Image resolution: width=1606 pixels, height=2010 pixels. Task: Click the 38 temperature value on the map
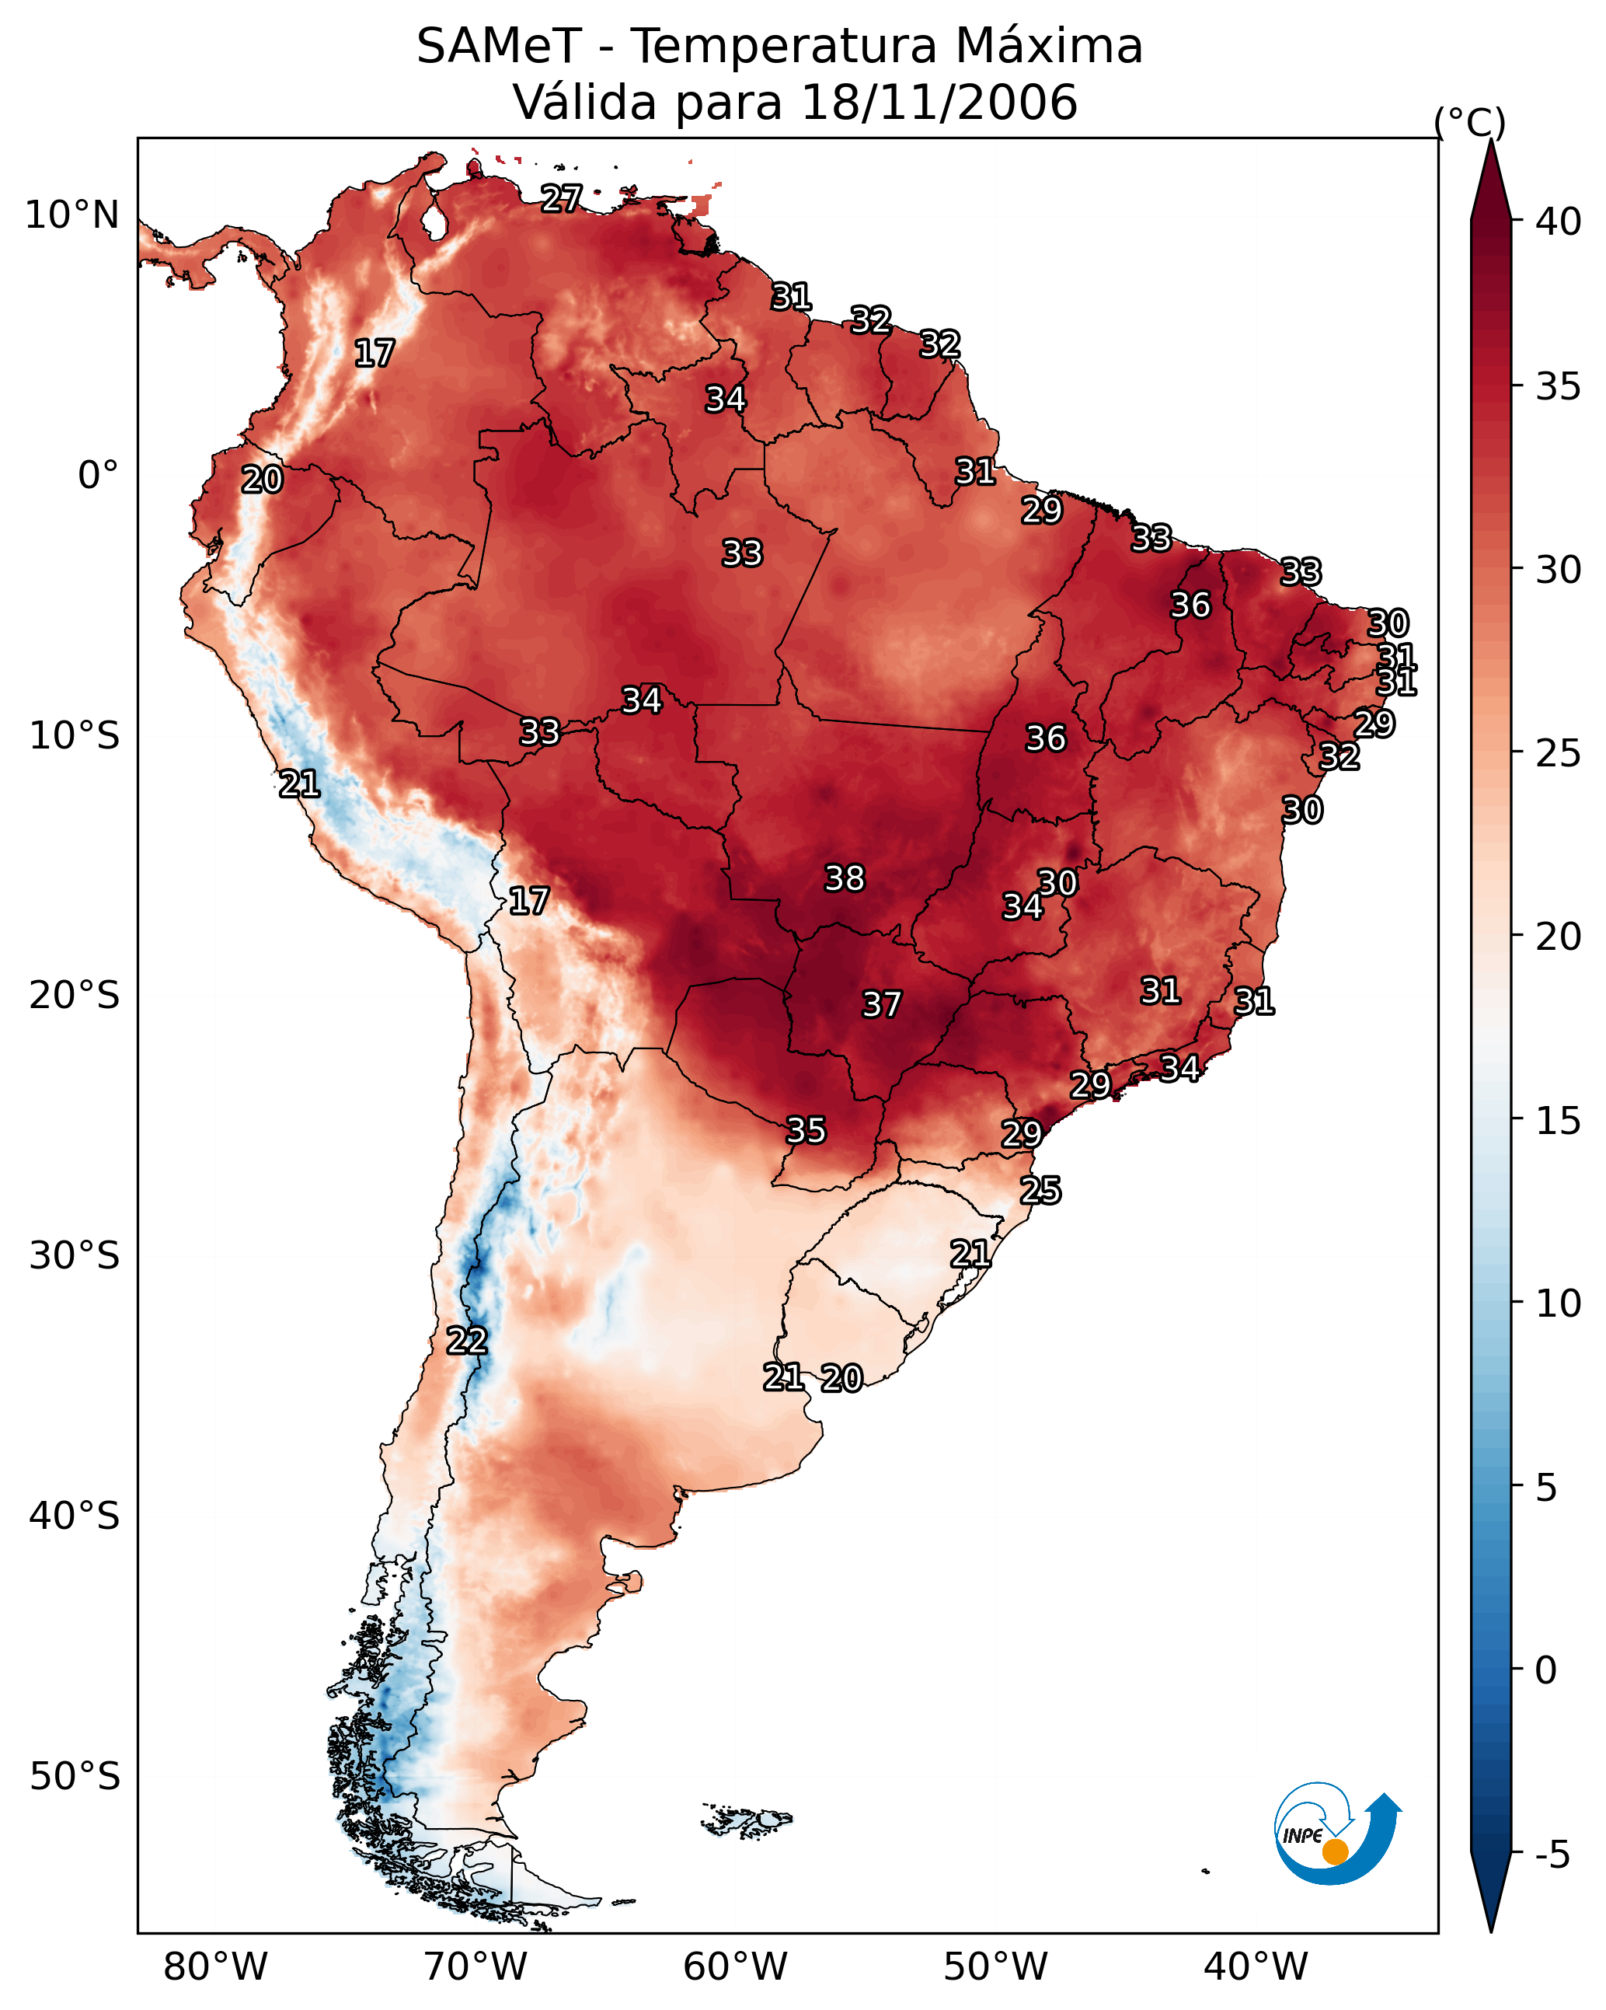tap(845, 878)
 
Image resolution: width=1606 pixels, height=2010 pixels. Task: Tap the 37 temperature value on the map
tap(881, 1004)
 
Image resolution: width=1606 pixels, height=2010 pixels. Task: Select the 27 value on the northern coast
tap(561, 197)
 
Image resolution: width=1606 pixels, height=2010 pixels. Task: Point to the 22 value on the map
tap(466, 1341)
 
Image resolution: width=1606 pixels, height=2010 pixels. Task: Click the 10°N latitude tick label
tap(71, 215)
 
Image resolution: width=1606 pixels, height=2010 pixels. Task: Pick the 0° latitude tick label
tap(98, 476)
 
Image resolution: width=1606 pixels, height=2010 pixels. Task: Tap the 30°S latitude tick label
tap(74, 1256)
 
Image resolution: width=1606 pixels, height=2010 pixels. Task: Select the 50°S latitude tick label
tap(74, 1776)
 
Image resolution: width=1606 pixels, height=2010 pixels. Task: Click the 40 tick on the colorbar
tap(1559, 222)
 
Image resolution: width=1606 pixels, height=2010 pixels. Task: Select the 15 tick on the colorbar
tap(1559, 1121)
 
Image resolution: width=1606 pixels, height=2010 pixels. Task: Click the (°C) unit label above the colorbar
tap(1469, 122)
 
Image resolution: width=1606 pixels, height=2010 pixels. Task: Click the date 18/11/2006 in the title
tap(939, 103)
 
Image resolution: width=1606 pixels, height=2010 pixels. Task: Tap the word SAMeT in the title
tap(499, 47)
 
